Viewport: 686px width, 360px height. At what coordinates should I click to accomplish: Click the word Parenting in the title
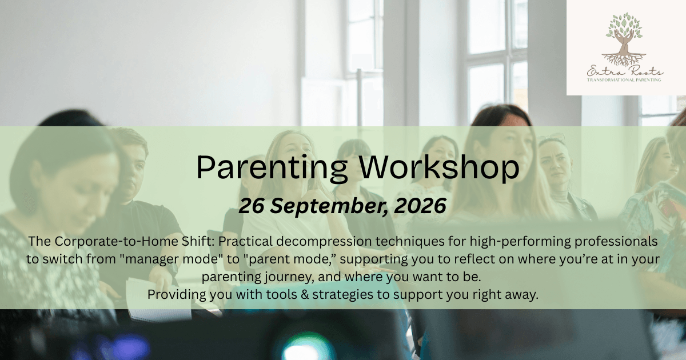(272, 168)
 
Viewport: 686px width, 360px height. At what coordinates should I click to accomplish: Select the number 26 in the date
(251, 206)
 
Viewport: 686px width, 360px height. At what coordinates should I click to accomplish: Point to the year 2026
(420, 206)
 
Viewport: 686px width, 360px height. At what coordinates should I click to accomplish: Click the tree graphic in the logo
(624, 39)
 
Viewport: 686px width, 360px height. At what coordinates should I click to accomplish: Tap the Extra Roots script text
(625, 71)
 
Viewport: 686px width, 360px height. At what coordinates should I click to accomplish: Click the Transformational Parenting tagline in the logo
(624, 80)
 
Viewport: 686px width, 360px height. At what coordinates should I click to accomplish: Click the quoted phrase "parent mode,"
(290, 259)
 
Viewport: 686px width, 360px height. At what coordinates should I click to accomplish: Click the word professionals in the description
(616, 242)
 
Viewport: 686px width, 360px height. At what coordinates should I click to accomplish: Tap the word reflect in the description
(476, 259)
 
